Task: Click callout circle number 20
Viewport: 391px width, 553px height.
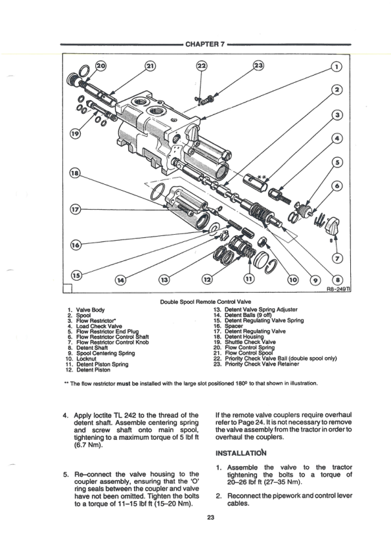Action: (x=101, y=66)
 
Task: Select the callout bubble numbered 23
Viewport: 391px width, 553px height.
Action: (x=259, y=66)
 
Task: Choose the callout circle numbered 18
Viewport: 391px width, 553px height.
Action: (x=77, y=174)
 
